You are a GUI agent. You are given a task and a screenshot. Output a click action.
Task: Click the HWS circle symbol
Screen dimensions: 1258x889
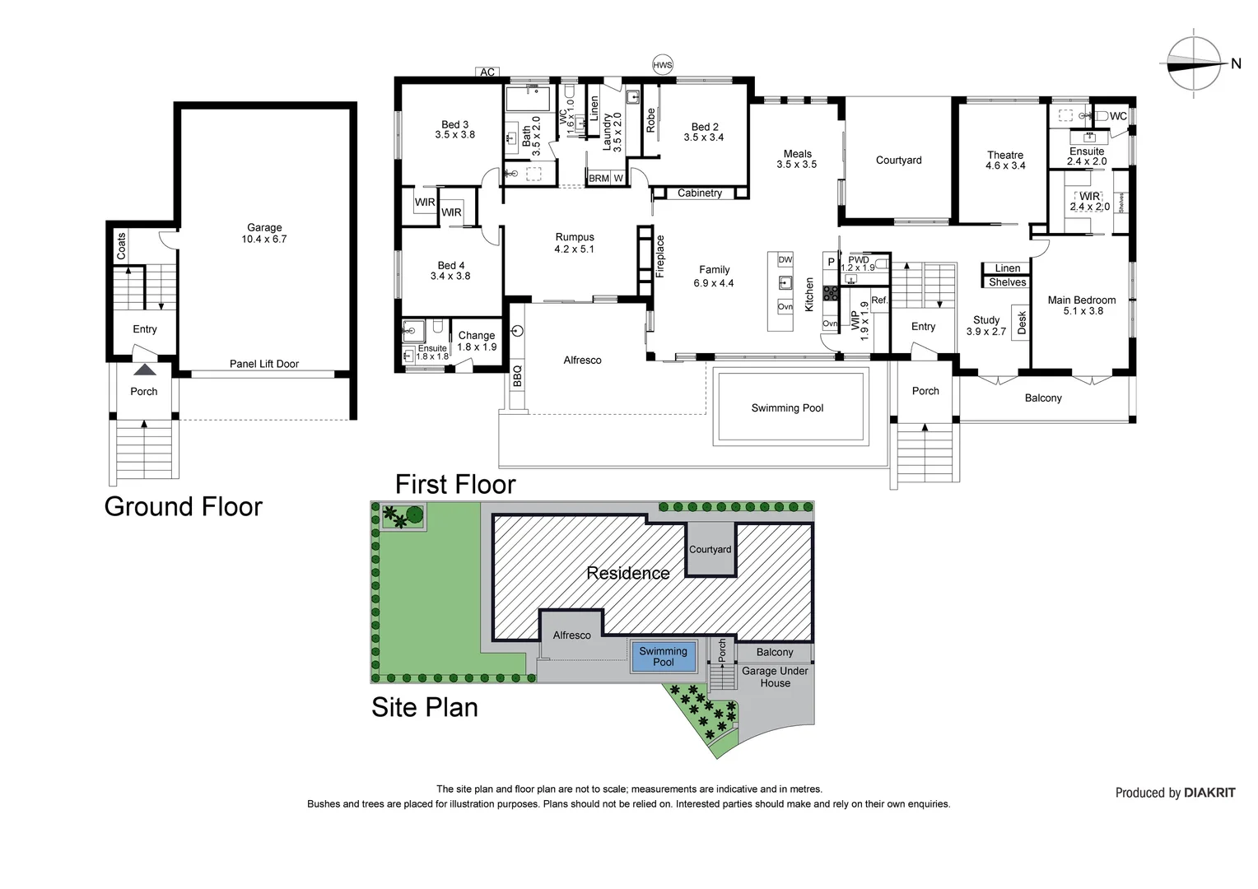pos(663,65)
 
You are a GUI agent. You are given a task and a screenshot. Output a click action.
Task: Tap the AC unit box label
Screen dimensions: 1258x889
pos(487,72)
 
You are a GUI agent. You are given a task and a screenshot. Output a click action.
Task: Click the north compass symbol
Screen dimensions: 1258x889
pos(1194,64)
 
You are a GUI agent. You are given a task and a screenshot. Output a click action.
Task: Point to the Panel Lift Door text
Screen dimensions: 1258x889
pos(264,364)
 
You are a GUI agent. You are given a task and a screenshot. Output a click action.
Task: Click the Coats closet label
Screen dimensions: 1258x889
pos(121,247)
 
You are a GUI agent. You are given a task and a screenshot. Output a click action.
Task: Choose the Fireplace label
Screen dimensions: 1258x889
pos(660,256)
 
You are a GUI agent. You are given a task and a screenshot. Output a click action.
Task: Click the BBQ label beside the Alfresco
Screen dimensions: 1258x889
pos(517,375)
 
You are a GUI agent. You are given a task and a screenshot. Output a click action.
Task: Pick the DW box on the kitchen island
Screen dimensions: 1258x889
pos(785,259)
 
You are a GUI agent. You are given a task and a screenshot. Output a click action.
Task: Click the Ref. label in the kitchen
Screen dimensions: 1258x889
pos(879,300)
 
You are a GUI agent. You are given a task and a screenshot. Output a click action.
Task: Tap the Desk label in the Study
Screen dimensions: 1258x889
pos(1022,323)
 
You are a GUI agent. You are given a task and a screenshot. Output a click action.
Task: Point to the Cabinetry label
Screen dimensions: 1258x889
pos(700,193)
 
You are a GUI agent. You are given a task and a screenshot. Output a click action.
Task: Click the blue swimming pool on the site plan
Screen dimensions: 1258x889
pos(664,657)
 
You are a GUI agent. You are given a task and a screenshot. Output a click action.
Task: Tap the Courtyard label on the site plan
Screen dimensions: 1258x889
pos(711,549)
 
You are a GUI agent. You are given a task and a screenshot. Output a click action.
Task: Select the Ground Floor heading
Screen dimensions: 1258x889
pos(183,506)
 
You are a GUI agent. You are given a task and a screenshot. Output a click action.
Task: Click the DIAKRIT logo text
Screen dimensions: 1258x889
pos(1209,793)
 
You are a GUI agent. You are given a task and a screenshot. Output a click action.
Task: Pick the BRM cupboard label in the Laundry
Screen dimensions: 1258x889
pos(599,178)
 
